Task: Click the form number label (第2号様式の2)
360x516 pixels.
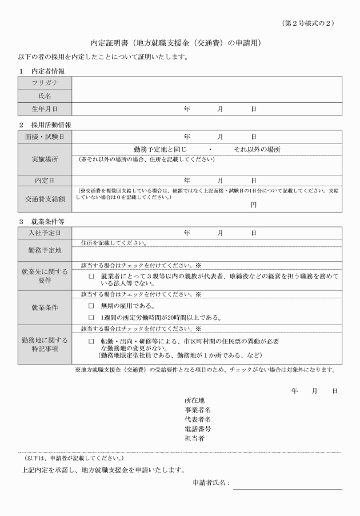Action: coord(308,23)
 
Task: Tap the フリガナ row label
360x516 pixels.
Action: coord(45,83)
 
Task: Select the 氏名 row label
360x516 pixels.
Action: coord(45,96)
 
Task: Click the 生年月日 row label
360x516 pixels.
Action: coord(45,109)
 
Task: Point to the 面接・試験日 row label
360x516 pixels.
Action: coord(45,137)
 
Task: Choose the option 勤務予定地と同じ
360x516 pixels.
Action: coord(164,149)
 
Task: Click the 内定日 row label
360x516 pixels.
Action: coord(45,180)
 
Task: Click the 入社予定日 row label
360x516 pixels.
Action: coord(45,233)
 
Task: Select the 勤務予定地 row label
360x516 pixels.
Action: coord(45,250)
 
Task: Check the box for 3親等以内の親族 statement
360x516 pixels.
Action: coord(91,276)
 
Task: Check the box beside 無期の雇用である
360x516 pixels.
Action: coord(91,306)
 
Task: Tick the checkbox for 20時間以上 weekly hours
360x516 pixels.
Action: coord(91,318)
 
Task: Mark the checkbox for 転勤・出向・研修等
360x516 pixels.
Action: coord(91,341)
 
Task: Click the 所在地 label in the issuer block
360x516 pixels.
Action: coord(194,401)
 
